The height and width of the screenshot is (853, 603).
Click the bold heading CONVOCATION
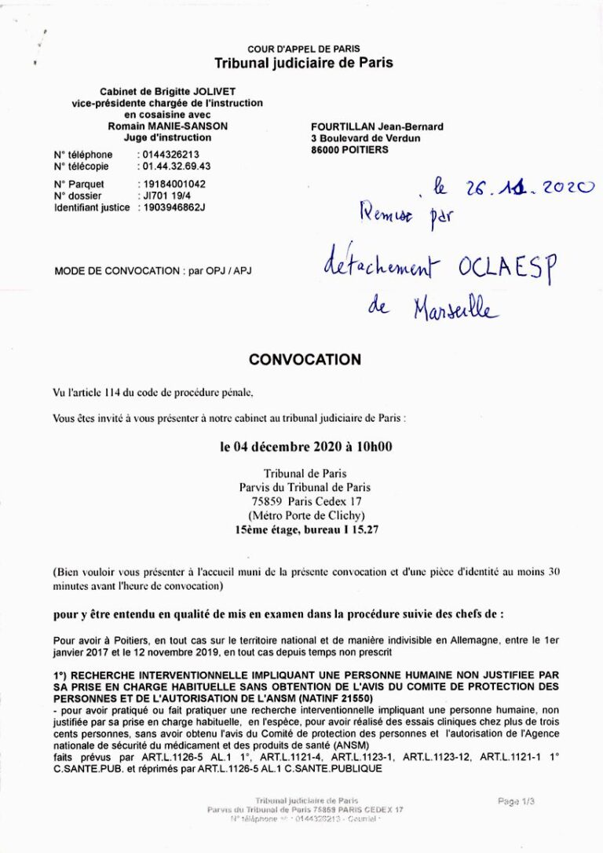coord(305,360)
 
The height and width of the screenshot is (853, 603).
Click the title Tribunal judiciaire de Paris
coord(304,63)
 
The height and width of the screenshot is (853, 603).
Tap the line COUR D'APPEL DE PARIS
coord(304,49)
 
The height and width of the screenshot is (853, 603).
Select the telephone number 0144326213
coord(168,155)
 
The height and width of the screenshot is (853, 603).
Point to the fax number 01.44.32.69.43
coord(174,167)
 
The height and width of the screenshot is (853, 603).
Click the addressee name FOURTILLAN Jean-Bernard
coord(377,126)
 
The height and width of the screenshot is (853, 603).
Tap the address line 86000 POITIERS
coord(349,149)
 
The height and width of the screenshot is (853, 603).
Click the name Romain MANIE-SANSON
coord(167,126)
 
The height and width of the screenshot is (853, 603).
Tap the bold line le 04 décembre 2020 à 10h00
coord(306,448)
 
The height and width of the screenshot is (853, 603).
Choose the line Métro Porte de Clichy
coord(306,515)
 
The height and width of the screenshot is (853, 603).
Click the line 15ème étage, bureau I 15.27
coord(306,530)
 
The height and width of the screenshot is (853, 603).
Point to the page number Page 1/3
coord(516,801)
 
